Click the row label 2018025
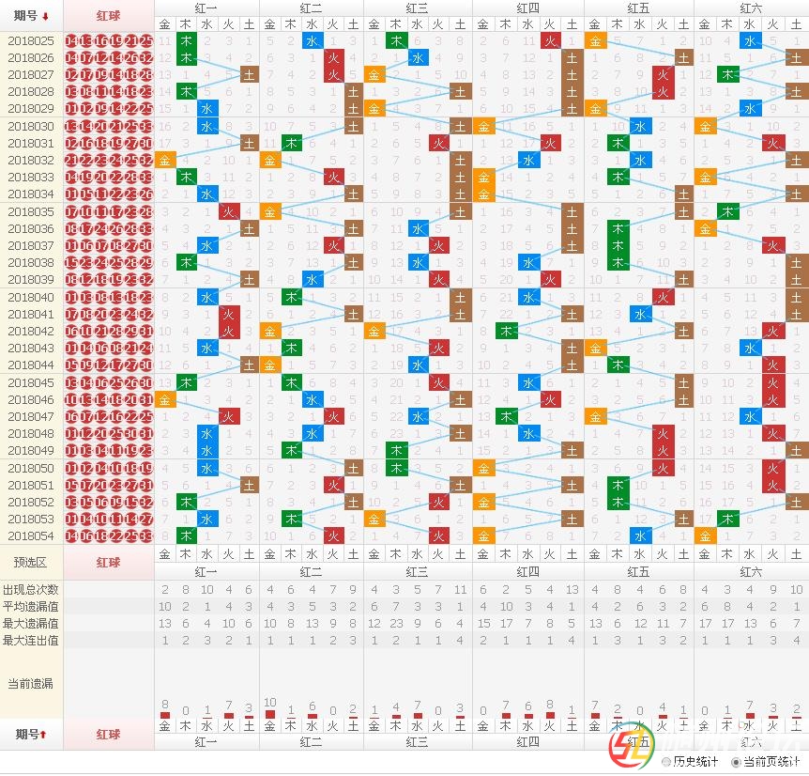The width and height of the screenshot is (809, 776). (x=31, y=41)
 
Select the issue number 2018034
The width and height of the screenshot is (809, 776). (x=31, y=194)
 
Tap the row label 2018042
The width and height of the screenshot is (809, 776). (x=31, y=331)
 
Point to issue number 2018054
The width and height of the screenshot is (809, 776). (x=31, y=535)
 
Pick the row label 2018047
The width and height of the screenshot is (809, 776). (x=31, y=416)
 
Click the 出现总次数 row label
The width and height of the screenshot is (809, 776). (x=31, y=589)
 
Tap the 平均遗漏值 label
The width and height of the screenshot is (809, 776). (x=31, y=606)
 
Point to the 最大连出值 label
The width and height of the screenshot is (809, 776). (x=31, y=640)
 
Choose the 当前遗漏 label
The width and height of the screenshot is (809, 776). (x=31, y=683)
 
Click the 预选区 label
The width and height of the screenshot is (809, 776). (x=31, y=562)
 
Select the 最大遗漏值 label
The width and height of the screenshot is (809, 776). (x=31, y=623)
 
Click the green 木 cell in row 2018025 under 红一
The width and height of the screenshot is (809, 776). (x=186, y=41)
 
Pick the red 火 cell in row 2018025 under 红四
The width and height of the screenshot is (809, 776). (x=551, y=41)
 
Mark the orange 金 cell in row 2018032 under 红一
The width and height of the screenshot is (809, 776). (x=165, y=161)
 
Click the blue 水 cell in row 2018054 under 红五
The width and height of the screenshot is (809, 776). (x=641, y=535)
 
